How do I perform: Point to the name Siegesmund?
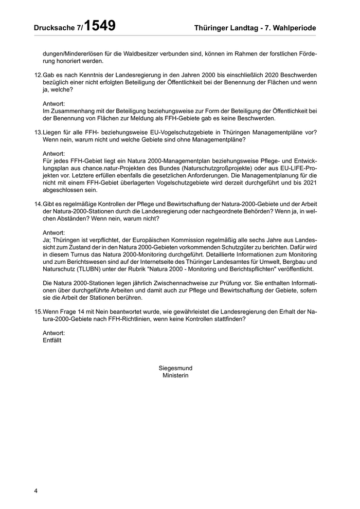175,368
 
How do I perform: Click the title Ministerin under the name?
175,375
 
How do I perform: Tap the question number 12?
38,75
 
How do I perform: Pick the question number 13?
38,132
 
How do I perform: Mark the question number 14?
38,204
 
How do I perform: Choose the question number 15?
38,312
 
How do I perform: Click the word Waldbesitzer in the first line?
148,53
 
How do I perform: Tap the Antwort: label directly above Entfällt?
54,333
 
